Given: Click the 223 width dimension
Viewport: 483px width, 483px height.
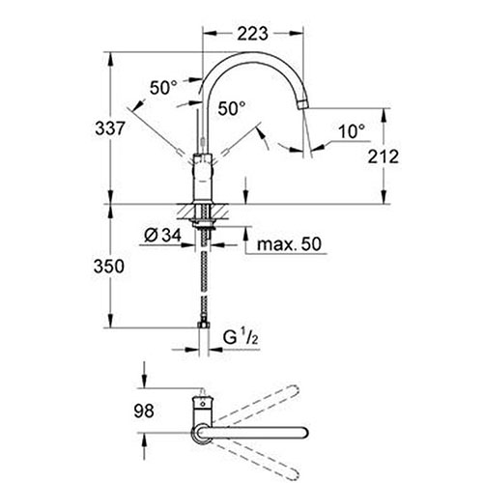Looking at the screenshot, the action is point(252,33).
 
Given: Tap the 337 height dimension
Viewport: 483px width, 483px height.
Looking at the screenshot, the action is point(109,128).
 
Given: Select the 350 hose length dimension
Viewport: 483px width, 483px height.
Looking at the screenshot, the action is point(109,267).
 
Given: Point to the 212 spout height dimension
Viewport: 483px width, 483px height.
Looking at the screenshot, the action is point(384,156).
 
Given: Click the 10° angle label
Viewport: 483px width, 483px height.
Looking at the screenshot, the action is point(352,131).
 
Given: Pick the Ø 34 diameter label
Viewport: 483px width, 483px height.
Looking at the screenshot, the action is point(162,236).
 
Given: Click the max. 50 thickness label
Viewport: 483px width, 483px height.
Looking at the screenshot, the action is point(289,244).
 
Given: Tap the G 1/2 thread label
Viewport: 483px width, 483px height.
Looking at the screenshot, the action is point(241,338).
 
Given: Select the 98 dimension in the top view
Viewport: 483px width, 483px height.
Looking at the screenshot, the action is point(144,412).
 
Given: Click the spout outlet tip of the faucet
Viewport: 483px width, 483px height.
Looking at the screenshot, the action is point(302,105).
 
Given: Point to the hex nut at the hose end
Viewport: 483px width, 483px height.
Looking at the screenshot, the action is point(203,325).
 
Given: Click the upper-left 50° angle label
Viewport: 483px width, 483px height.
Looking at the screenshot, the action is point(163,88).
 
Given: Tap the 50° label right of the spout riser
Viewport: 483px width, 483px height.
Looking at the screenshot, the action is point(232,108).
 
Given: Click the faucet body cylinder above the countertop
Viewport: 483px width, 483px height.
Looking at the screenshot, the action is point(203,179).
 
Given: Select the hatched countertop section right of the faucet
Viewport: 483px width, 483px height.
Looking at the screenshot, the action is point(220,212).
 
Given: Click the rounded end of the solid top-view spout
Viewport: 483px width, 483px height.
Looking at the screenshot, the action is point(304,433).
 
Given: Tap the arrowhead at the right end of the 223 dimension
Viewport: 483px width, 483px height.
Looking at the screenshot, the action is point(297,33).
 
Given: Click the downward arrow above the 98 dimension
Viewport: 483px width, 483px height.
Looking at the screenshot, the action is point(145,375).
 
